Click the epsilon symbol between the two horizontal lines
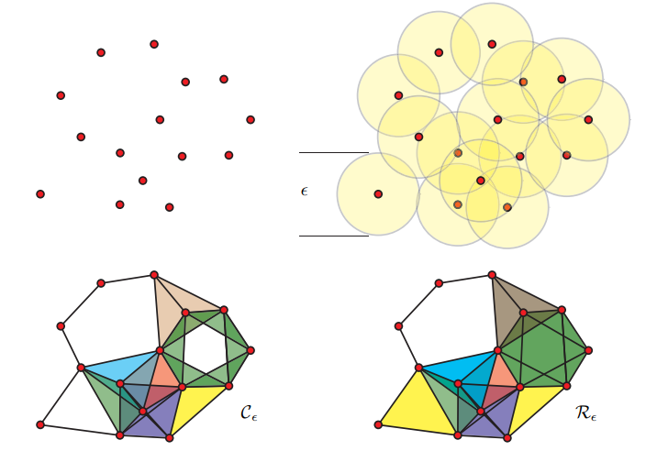pos(305,192)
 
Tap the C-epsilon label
pos(249,412)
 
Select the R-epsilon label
pos(586,412)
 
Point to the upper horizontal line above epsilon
pos(333,152)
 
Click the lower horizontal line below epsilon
pos(333,236)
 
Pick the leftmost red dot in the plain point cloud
pos(40,194)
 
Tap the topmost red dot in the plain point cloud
pos(154,44)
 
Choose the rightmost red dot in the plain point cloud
pos(251,120)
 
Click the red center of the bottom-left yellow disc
pos(378,194)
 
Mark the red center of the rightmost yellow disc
pos(588,120)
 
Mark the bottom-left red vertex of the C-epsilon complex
pos(40,425)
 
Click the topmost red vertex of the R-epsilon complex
pos(493,275)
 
